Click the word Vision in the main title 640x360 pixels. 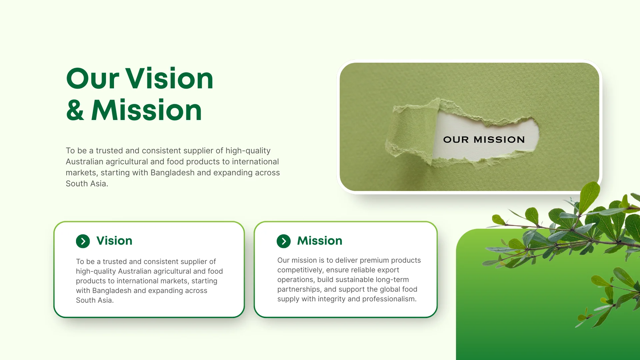tap(169, 79)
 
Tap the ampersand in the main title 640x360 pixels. tap(75, 110)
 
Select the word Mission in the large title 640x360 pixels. tap(146, 110)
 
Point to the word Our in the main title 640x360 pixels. tap(93, 79)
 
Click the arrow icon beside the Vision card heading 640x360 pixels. tap(83, 241)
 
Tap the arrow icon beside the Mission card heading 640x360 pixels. tap(284, 241)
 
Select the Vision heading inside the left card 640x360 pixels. tap(114, 241)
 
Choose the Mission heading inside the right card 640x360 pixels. tap(320, 241)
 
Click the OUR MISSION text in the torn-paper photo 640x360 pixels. tap(484, 140)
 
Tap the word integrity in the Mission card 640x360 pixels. tap(331, 299)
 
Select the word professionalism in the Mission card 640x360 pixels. tap(389, 299)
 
